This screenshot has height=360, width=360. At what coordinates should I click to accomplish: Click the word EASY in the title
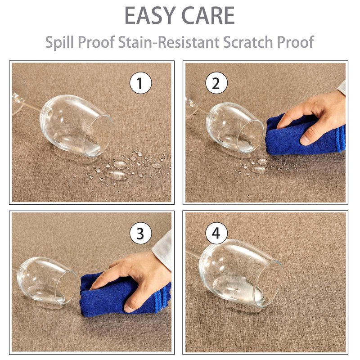(x=150, y=15)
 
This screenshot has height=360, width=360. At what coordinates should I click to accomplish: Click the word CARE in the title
(x=208, y=15)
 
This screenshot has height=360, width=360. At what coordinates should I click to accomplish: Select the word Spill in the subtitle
(x=59, y=42)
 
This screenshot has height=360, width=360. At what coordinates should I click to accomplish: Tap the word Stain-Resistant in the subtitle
(x=169, y=42)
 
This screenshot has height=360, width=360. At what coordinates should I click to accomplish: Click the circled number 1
(x=140, y=83)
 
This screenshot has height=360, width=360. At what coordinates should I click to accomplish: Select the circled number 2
(x=216, y=83)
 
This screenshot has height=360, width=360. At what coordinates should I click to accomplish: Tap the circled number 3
(x=140, y=234)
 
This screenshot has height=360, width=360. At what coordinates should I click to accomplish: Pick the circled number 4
(x=216, y=233)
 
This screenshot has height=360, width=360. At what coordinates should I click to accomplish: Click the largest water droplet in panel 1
(x=116, y=175)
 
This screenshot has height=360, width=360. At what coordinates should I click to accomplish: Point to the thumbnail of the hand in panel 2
(x=306, y=139)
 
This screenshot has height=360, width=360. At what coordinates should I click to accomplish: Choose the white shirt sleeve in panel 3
(x=162, y=250)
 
